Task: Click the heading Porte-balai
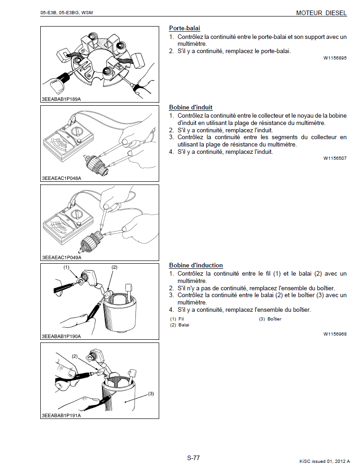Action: click(x=184, y=28)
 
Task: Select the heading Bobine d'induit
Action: click(x=191, y=108)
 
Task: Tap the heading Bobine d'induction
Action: click(x=196, y=265)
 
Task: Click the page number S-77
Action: click(x=193, y=457)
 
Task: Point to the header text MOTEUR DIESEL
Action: click(x=321, y=13)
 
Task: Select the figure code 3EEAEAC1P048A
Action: click(x=61, y=179)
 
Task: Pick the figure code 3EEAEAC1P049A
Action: click(x=61, y=257)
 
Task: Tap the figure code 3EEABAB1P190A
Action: click(x=61, y=337)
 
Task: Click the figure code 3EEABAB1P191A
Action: click(x=61, y=415)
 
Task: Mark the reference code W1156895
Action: click(x=335, y=58)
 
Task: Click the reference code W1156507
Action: click(x=335, y=158)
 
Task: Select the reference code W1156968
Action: click(x=335, y=334)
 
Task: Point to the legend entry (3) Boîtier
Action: click(x=270, y=319)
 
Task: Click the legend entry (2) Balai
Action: click(x=179, y=325)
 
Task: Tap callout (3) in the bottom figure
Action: click(x=151, y=393)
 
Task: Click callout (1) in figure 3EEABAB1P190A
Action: click(x=66, y=266)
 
